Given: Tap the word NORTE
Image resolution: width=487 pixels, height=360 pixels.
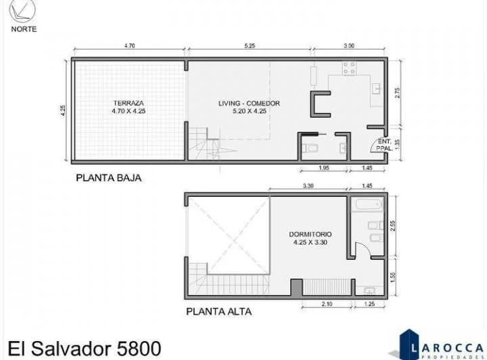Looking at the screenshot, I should click(x=24, y=29).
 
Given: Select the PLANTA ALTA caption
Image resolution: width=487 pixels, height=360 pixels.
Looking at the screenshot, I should click(x=218, y=312).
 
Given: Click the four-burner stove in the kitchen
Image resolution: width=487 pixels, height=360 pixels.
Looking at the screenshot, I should click(x=350, y=68).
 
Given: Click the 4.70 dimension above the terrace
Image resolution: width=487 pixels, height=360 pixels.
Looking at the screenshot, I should click(x=130, y=46).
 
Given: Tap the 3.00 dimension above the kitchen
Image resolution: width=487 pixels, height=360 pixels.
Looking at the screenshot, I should click(x=349, y=46).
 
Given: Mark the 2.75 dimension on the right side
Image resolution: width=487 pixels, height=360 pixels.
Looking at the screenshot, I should click(x=398, y=93).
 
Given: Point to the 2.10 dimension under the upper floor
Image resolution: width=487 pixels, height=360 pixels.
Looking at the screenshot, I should click(x=327, y=304).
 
